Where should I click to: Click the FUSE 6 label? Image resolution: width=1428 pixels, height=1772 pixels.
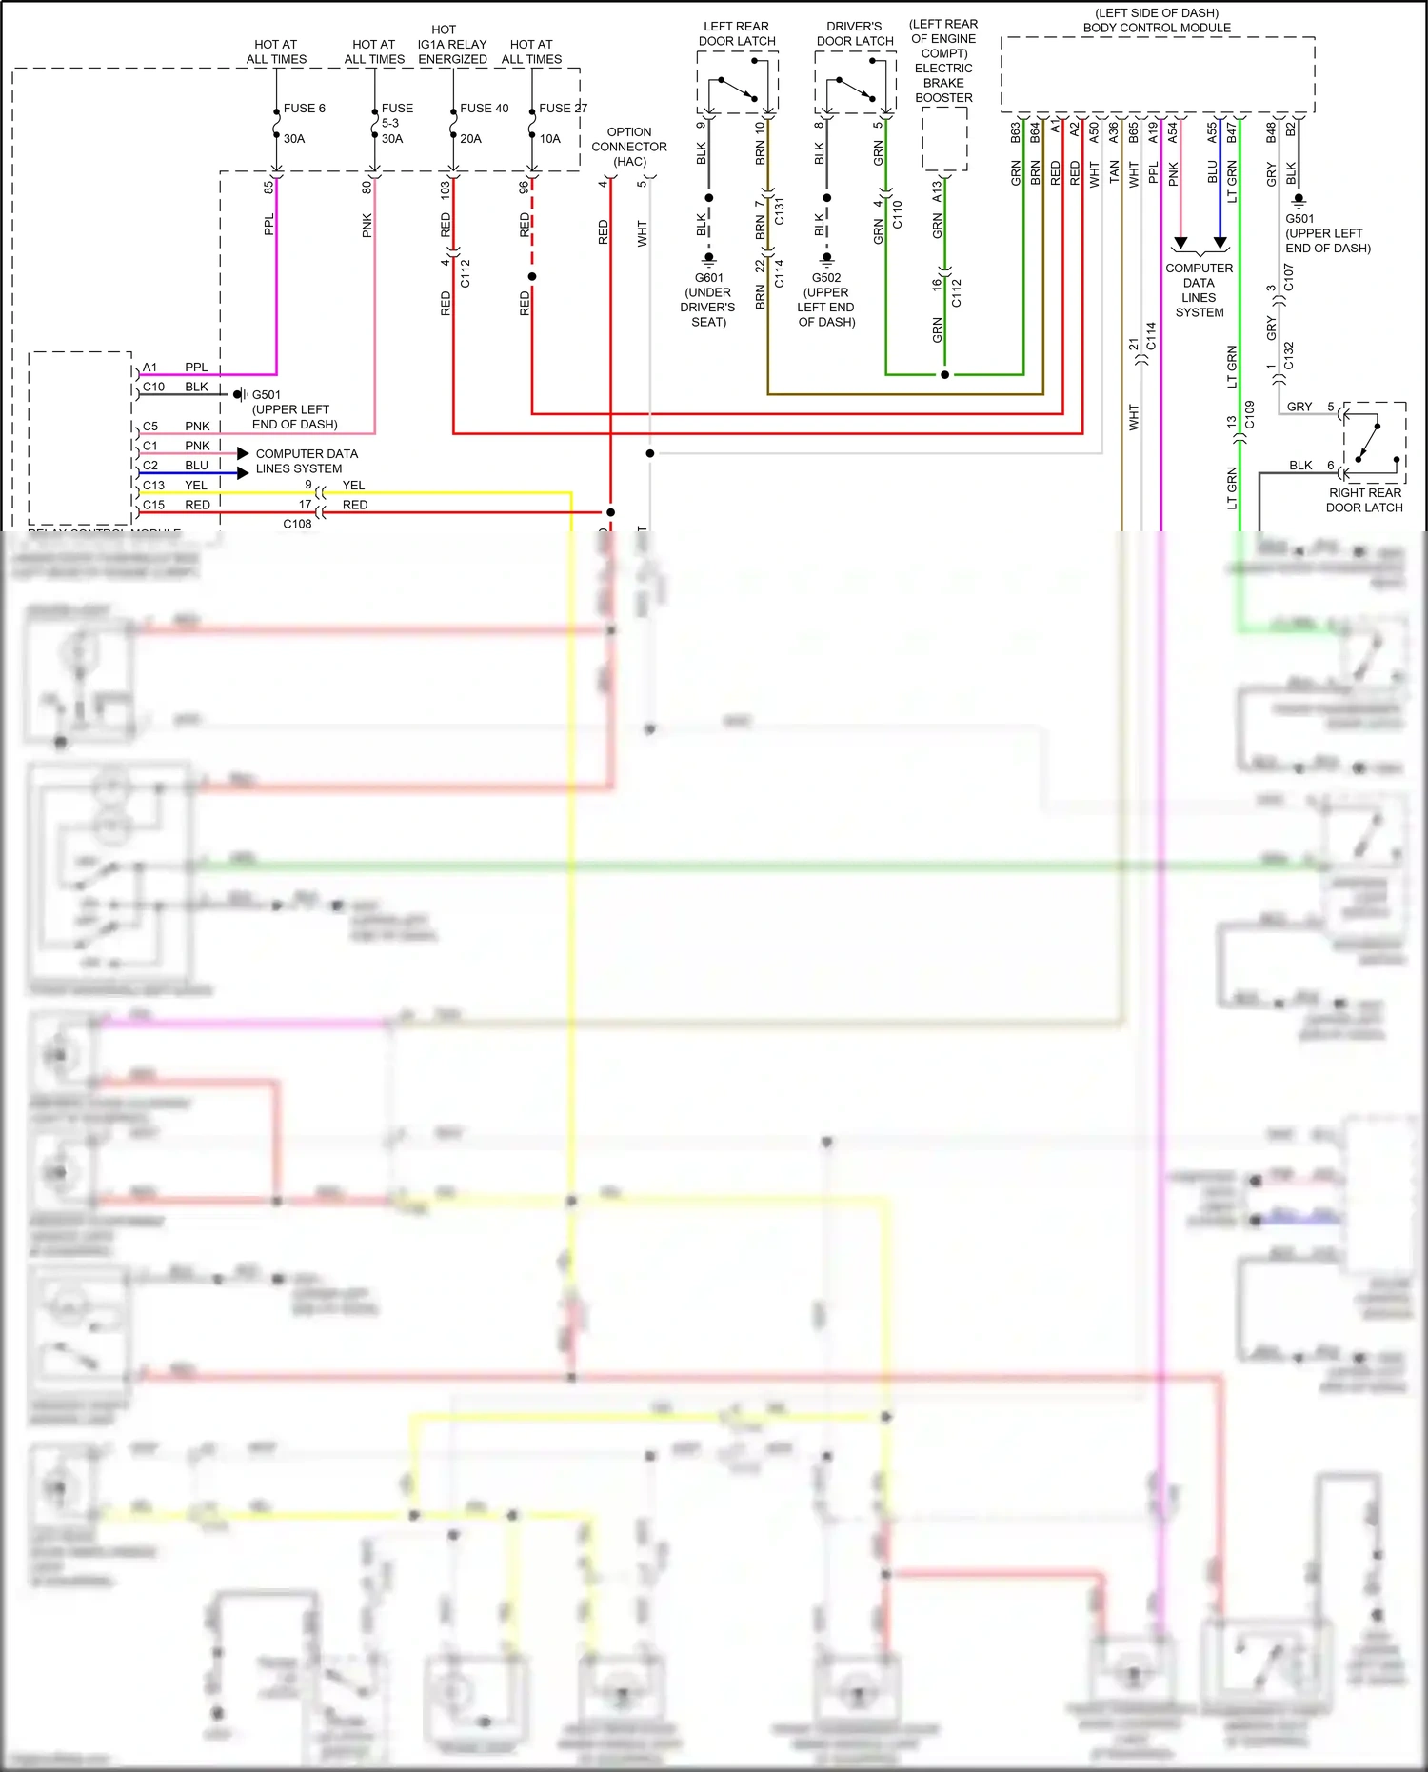[x=304, y=108]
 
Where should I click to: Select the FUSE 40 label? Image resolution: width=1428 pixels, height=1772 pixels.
[x=484, y=108]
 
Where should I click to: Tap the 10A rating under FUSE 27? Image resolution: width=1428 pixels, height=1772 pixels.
[x=550, y=138]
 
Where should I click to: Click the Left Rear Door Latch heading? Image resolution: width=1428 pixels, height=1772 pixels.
[x=737, y=33]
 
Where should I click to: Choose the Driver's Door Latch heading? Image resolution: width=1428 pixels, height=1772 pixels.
[x=854, y=33]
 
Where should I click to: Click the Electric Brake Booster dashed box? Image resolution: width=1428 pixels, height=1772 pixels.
[x=944, y=139]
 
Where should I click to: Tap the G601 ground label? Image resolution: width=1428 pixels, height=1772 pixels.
[x=708, y=278]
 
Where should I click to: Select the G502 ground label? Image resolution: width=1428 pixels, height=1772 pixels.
[x=826, y=278]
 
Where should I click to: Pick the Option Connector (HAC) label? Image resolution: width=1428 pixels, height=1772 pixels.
[x=629, y=147]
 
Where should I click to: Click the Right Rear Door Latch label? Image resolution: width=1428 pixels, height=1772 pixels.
[x=1364, y=500]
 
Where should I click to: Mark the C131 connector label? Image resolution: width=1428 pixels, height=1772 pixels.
[x=780, y=211]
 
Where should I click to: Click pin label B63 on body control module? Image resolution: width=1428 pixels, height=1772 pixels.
[x=1015, y=132]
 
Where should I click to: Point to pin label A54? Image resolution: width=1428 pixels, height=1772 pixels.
[x=1173, y=132]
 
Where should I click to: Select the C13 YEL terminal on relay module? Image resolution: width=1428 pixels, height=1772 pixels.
[x=154, y=485]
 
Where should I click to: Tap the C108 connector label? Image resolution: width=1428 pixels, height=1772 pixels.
[x=297, y=524]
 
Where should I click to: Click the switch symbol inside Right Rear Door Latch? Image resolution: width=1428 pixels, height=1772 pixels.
[x=1371, y=443]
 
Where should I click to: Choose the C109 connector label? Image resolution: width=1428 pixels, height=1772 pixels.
[x=1249, y=414]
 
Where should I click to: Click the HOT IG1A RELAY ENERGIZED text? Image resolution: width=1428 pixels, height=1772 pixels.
[x=452, y=45]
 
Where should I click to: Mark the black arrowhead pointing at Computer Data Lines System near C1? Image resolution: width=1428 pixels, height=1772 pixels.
[x=243, y=453]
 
